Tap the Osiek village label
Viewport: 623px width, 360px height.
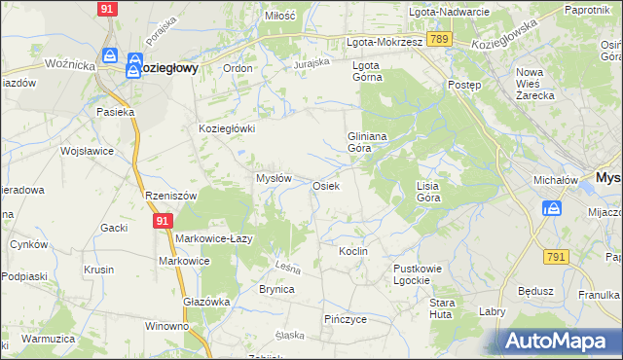click(325, 186)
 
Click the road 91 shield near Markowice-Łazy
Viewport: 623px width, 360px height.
click(163, 222)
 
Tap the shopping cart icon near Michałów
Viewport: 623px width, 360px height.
click(552, 209)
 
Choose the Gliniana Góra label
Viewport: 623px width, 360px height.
click(367, 143)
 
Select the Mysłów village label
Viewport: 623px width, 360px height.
click(274, 178)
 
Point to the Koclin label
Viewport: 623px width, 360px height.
click(352, 251)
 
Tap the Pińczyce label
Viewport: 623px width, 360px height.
click(345, 319)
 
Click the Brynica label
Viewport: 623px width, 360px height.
click(276, 290)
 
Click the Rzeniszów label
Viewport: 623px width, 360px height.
click(170, 196)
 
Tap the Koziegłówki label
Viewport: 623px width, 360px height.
click(227, 128)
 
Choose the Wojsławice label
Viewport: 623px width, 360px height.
click(88, 152)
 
